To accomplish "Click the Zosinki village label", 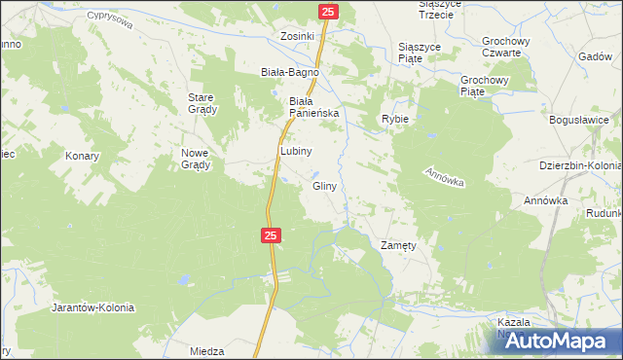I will pos(297,36).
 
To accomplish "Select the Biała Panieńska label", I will pos(313,106).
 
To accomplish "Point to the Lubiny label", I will pos(296,151).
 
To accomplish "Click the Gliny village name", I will pos(325,185).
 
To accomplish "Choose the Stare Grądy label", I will pos(202,102).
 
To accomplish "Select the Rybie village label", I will pos(394,119).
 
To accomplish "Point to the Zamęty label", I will pos(398,246).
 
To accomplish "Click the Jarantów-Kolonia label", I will pos(92,306).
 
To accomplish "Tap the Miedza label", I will pos(208,351).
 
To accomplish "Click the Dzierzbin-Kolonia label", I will pos(580,165).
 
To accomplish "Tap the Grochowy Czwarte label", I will pos(505,47).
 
